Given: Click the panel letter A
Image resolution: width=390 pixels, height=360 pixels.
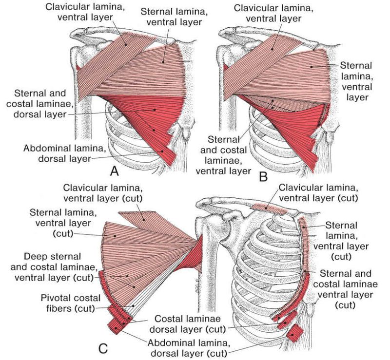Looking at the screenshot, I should tap(115, 171).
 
